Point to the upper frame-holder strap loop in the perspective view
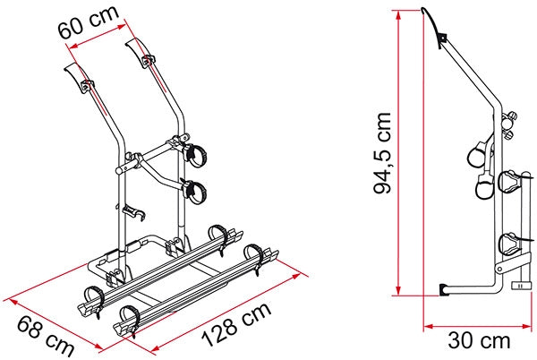coord(193,154)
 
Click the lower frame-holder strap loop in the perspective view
coord(193,189)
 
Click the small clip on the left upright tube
coord(132,213)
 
